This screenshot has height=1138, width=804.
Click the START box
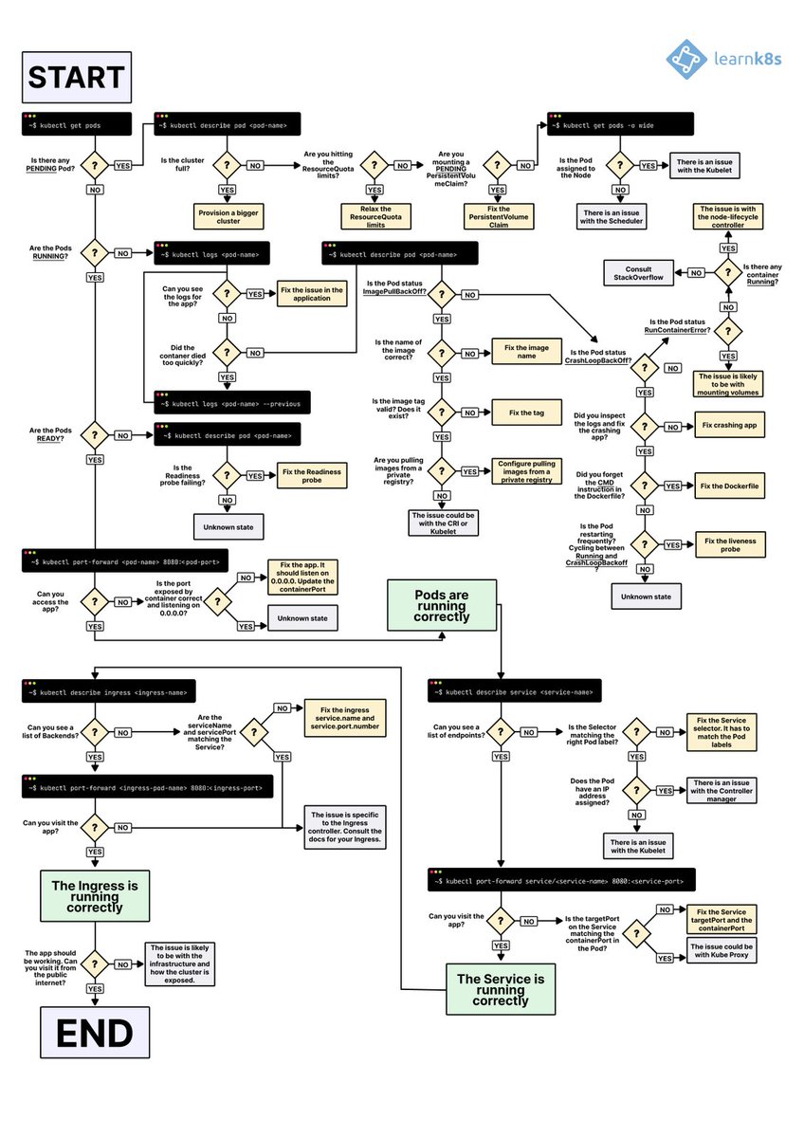tap(75, 77)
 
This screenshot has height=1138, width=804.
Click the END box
tap(94, 1033)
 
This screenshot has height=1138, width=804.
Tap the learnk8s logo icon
tap(686, 59)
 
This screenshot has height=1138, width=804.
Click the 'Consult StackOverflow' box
tap(637, 273)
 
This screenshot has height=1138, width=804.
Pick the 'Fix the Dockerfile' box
tap(729, 486)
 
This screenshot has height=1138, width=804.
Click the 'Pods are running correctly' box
tap(441, 606)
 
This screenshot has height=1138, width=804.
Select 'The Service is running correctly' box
tap(500, 988)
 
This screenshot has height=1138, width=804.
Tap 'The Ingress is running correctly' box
tap(94, 894)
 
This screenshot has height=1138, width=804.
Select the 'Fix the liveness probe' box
tap(729, 544)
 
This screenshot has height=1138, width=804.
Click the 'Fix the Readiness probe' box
tap(309, 475)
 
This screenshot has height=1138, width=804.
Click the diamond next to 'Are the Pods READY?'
tap(95, 436)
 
